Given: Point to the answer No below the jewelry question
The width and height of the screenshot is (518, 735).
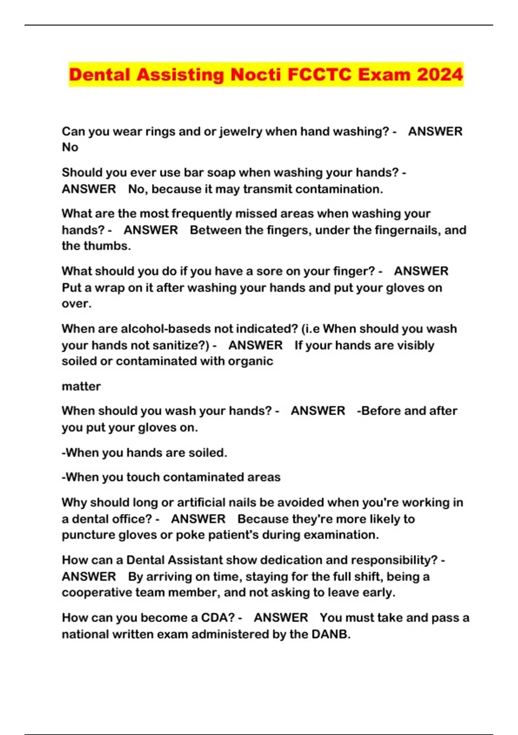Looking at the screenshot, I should (x=70, y=147).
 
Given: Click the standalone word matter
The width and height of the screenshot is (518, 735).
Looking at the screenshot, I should (x=81, y=386).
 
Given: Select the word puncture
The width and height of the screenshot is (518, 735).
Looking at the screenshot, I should (x=88, y=535).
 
